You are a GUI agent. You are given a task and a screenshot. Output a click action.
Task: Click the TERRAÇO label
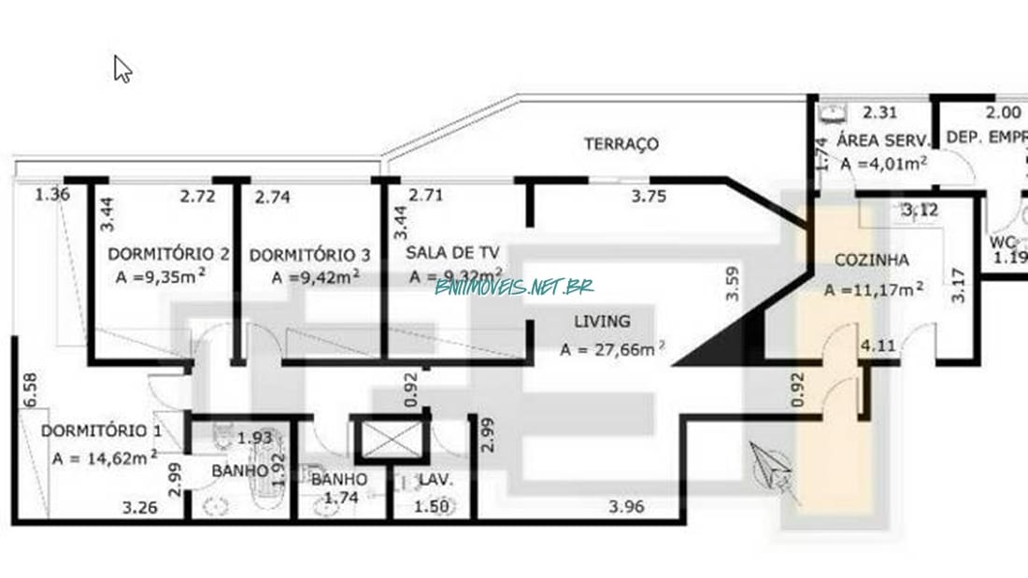(621, 144)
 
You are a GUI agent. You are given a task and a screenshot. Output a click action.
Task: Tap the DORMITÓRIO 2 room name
(168, 254)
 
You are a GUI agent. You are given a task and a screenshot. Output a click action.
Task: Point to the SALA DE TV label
(453, 253)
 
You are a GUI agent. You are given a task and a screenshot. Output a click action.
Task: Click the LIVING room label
(602, 321)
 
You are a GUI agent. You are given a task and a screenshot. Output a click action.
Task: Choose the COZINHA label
(859, 261)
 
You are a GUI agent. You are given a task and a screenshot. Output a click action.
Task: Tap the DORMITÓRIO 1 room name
(101, 431)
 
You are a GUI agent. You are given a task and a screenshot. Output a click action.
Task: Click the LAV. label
(436, 480)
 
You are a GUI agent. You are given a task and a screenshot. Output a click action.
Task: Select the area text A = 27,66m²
(612, 350)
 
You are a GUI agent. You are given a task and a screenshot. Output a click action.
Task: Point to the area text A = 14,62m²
(105, 458)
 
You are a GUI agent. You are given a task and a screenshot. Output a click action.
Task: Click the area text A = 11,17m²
(875, 289)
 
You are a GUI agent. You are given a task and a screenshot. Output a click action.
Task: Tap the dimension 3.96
(626, 508)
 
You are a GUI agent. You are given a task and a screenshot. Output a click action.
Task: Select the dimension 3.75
(650, 196)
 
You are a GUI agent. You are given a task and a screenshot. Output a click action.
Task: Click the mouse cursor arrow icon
(122, 68)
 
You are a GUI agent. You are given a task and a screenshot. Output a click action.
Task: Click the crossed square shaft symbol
(391, 438)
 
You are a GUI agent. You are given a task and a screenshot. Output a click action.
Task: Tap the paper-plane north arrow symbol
(772, 467)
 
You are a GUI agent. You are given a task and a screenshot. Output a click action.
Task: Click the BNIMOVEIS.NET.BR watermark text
(514, 287)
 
